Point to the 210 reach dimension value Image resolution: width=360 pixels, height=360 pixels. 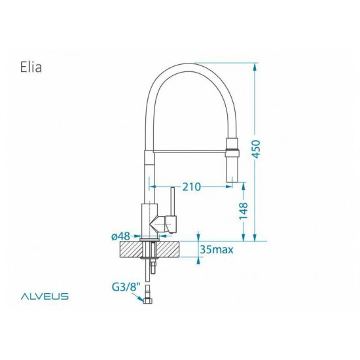tap(191, 187)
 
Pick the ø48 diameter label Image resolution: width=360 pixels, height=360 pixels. tap(122, 236)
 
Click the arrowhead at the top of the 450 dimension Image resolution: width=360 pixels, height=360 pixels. tap(255, 66)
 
